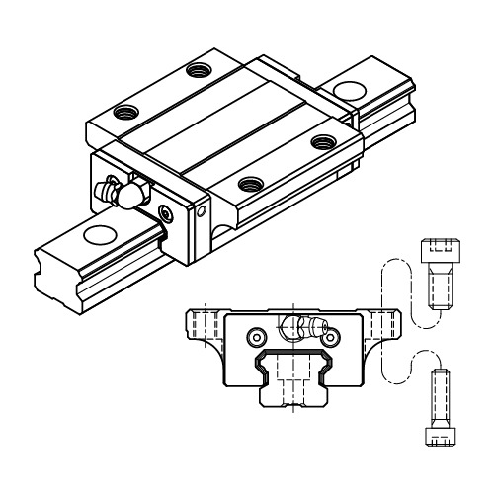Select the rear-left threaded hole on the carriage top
click(x=202, y=70)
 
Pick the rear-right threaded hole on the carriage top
click(x=321, y=141)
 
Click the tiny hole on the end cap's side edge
click(x=204, y=209)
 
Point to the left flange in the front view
click(x=203, y=325)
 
